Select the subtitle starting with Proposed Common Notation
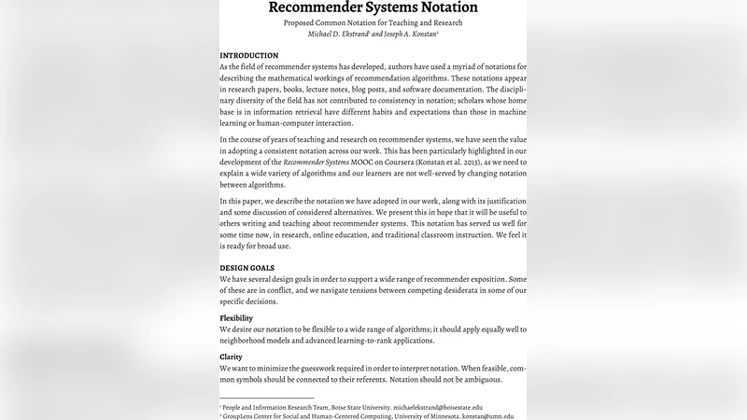373,23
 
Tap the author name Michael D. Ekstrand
341,35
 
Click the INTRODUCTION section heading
249,56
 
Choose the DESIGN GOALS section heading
247,268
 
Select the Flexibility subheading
236,318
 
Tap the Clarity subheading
231,356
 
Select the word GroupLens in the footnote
242,416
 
